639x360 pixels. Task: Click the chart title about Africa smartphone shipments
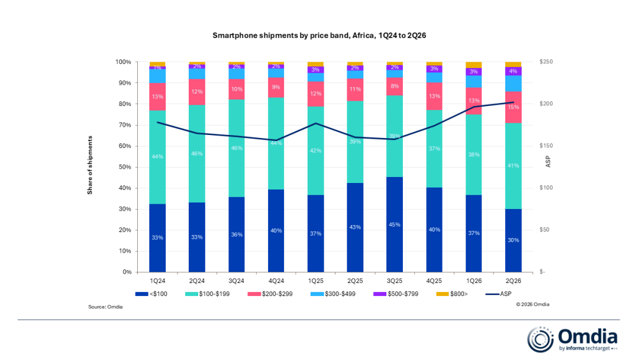coord(319,36)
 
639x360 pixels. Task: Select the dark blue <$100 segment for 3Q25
coord(395,224)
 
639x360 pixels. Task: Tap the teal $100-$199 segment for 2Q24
coord(197,154)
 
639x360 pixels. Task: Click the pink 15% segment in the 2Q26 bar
coord(513,107)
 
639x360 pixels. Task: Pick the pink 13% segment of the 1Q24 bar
coord(157,97)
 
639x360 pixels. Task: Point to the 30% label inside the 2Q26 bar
coord(514,240)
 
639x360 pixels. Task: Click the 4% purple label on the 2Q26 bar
coord(514,71)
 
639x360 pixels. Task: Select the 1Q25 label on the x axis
coord(315,281)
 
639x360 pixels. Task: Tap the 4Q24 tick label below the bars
coord(276,281)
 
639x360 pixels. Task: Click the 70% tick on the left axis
coord(124,125)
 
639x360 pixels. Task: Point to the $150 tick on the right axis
coord(546,146)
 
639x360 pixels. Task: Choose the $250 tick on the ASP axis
coord(546,62)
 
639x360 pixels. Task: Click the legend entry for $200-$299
coord(270,294)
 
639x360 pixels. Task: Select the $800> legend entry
coord(452,294)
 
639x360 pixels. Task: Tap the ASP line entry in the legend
coord(499,294)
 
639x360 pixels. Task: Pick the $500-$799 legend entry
coord(396,294)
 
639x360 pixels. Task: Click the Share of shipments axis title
coord(90,165)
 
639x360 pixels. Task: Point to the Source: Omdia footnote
coord(105,307)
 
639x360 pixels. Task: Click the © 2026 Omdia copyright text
coord(532,304)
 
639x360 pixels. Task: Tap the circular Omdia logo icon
coord(540,339)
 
